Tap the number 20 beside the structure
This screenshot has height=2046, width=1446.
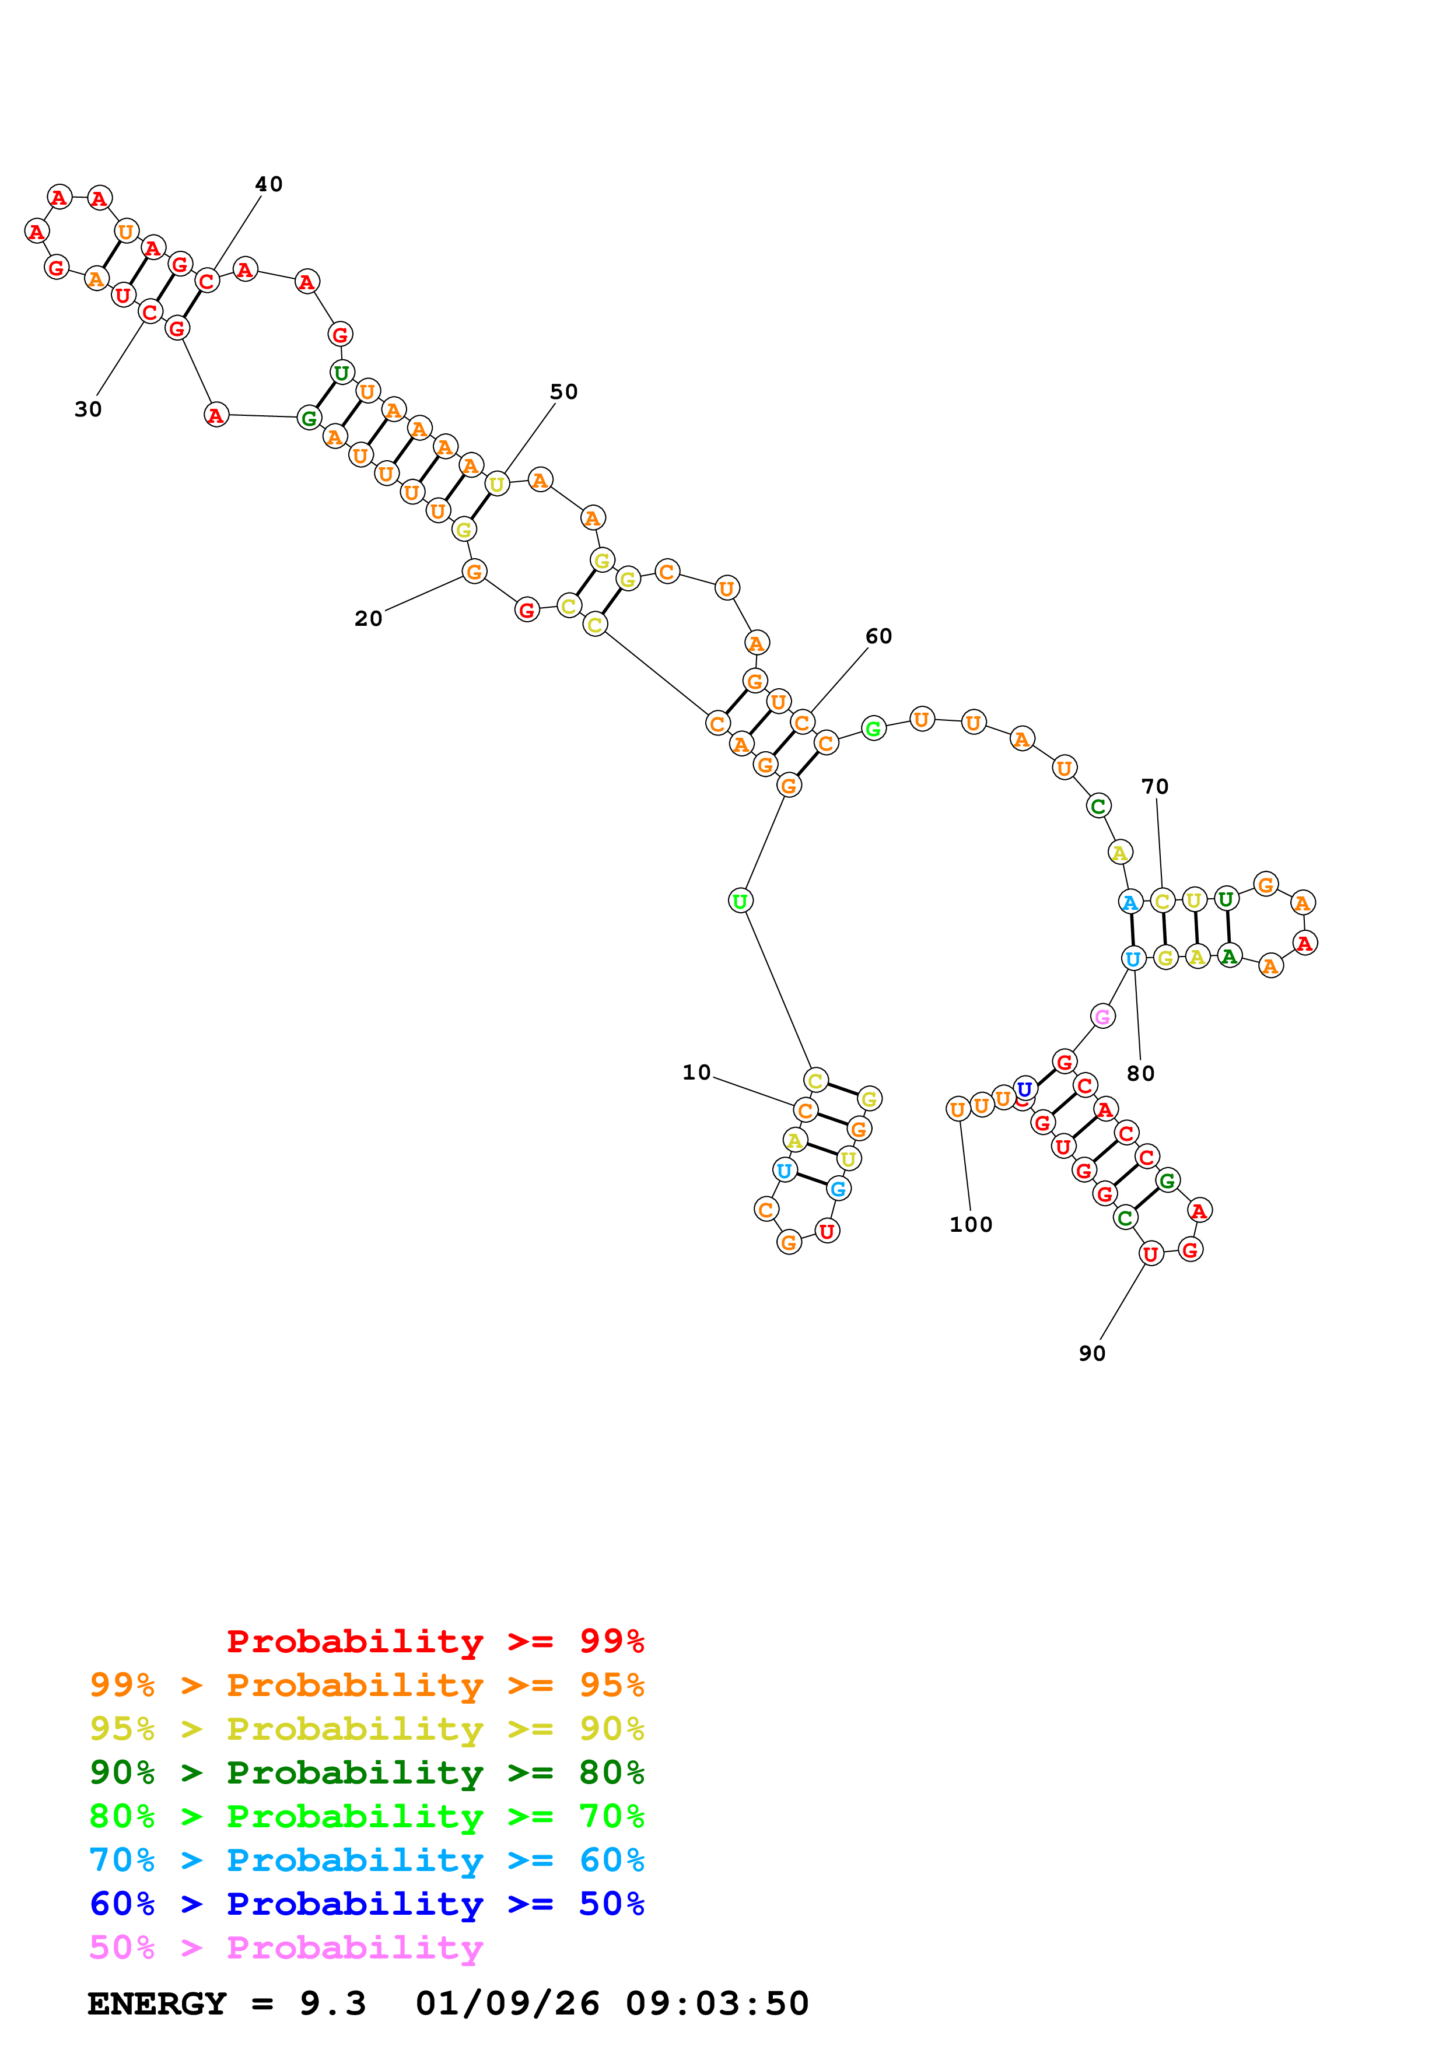(x=368, y=618)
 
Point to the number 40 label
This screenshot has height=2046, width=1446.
(x=268, y=184)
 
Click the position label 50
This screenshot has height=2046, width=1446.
(x=563, y=391)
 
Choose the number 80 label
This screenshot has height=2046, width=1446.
(x=1140, y=1073)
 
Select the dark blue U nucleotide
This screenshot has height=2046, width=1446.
(x=1025, y=1089)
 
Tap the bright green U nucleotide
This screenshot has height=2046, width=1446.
(x=740, y=901)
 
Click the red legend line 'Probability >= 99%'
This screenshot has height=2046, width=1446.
(x=435, y=1641)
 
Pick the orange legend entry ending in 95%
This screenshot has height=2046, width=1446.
(x=366, y=1684)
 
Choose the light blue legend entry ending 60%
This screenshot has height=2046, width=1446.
(x=366, y=1860)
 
